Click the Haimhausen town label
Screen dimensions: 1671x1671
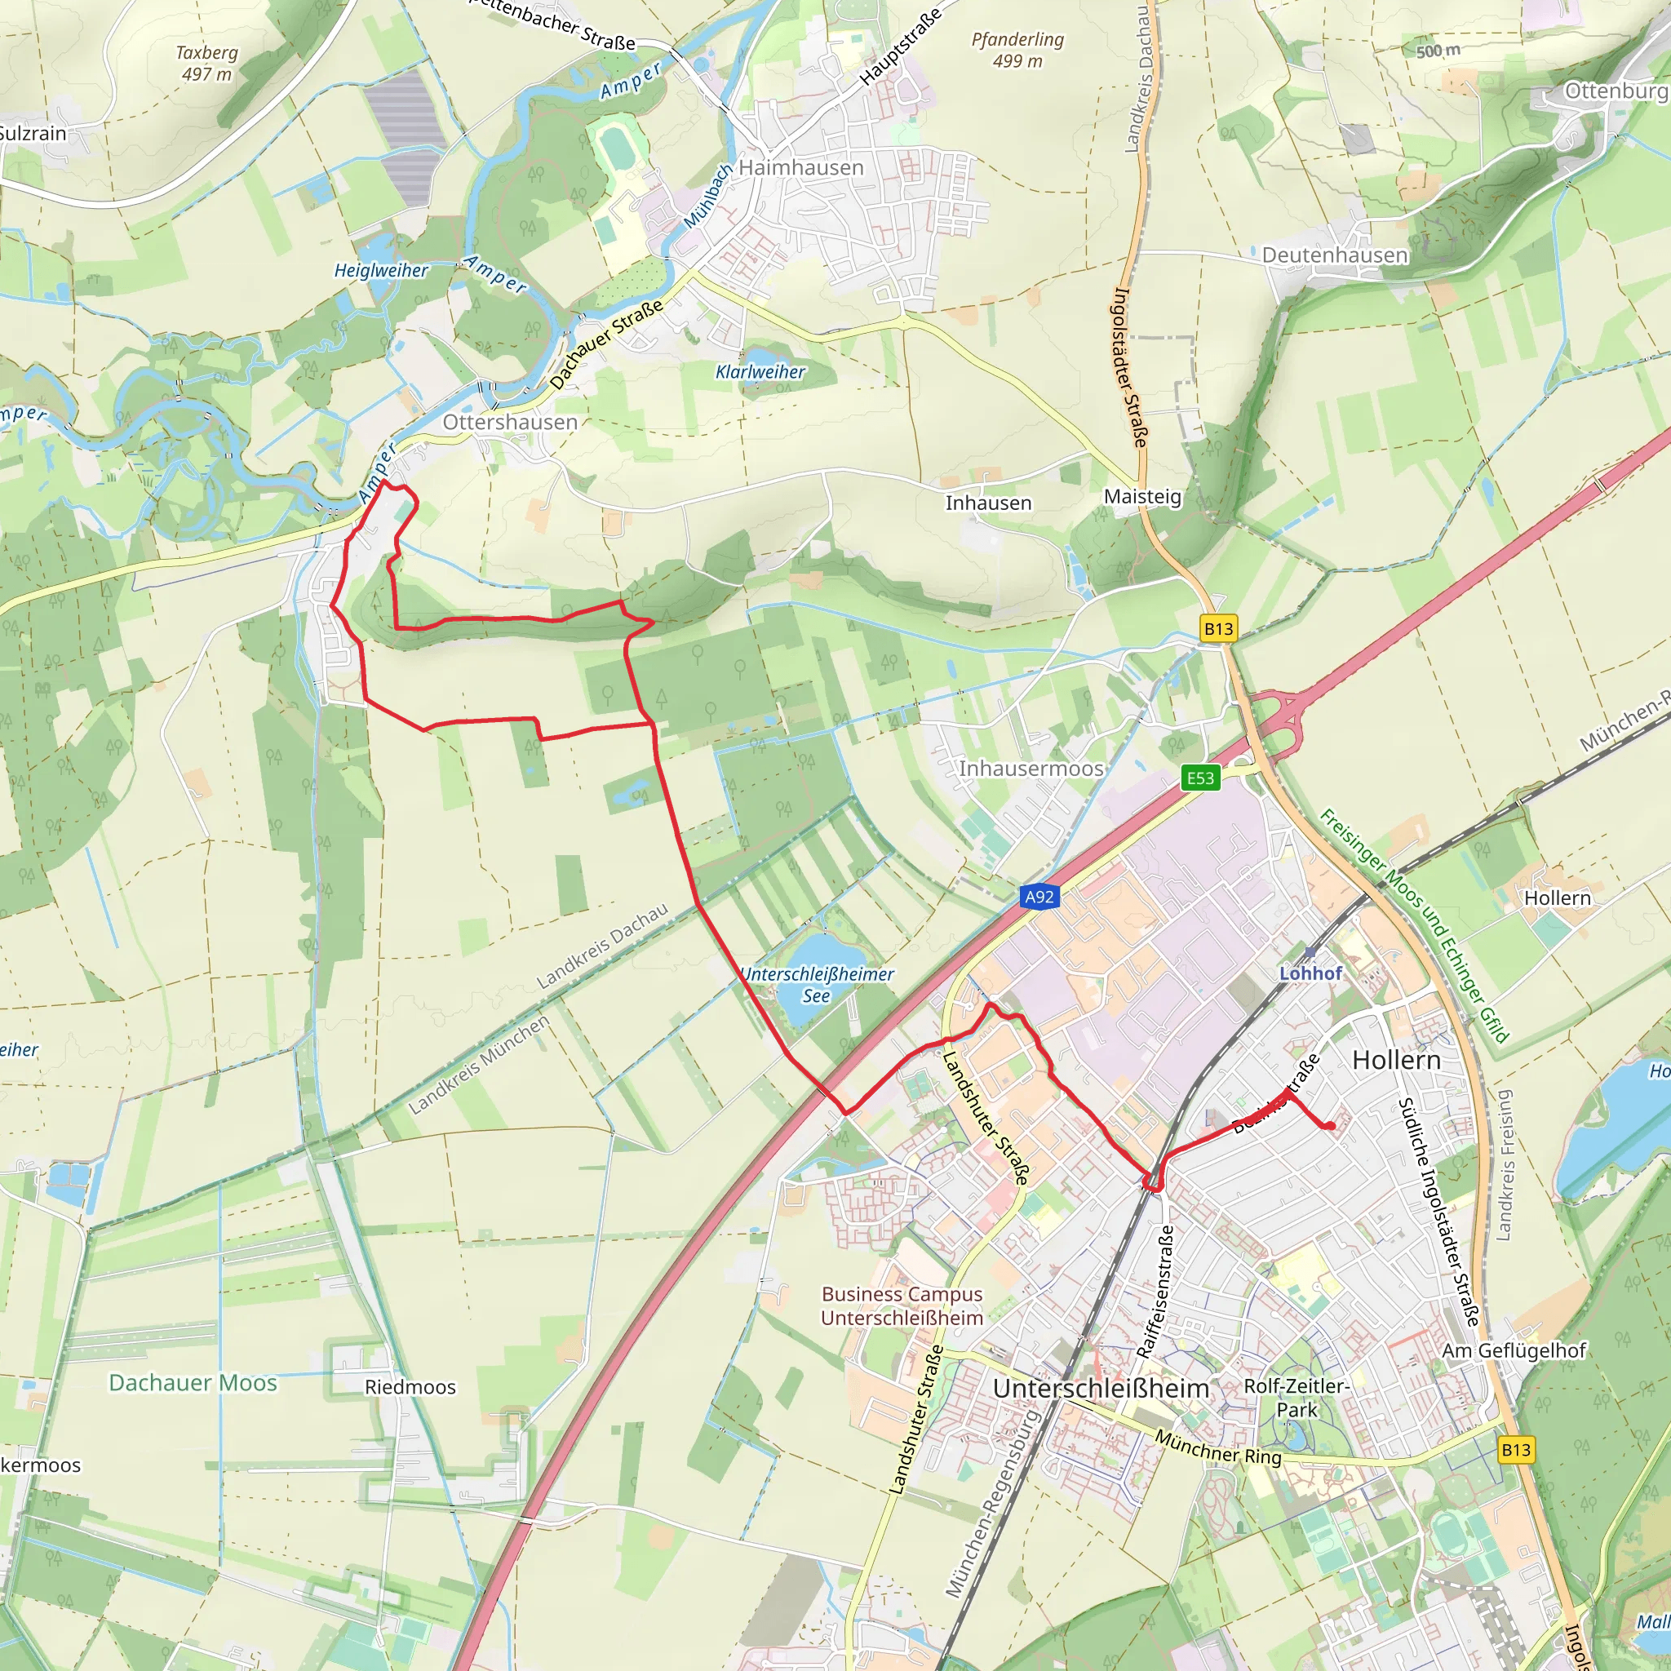801,168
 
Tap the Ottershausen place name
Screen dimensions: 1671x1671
509,422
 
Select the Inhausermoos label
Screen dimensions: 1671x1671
1031,768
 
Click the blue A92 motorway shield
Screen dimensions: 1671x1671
1039,896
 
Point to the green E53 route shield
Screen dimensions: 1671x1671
1199,778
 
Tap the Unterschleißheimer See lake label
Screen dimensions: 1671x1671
818,984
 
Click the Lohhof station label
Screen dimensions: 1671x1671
1310,973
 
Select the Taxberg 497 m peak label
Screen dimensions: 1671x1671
206,63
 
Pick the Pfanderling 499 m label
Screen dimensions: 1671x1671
1017,50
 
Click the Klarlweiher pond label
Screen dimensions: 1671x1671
760,372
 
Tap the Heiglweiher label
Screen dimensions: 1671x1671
381,271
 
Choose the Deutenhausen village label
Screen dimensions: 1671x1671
1335,255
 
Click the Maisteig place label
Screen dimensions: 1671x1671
1141,496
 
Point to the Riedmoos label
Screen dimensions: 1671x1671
410,1386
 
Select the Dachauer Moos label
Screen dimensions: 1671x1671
193,1382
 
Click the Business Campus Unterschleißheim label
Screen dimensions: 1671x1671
902,1305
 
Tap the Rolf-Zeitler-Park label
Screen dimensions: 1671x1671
1296,1397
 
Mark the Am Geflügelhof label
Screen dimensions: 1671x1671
1514,1350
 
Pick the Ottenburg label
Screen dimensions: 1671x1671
1616,91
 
